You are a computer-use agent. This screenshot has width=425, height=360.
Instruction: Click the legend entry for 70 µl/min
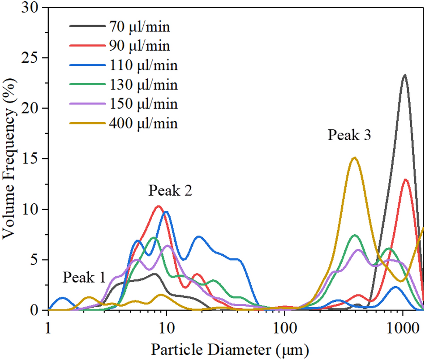pos(139,26)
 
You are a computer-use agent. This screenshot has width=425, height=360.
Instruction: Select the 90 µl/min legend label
pos(139,46)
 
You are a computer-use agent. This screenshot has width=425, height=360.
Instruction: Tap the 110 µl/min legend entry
pos(142,65)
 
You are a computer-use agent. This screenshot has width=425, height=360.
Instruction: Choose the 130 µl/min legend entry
pos(142,84)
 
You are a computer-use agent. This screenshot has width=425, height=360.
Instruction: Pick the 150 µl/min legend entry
pos(142,103)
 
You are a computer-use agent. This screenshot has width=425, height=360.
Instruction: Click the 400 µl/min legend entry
pos(142,123)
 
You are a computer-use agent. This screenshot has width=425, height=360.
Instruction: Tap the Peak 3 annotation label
pos(350,135)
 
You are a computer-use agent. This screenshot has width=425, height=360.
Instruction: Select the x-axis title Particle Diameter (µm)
pos(230,348)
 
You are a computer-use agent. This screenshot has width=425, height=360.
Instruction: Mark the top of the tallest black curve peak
pos(404,75)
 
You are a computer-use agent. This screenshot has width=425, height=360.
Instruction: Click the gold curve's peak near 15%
pos(355,158)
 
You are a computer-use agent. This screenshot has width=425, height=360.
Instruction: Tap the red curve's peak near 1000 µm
pos(406,180)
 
